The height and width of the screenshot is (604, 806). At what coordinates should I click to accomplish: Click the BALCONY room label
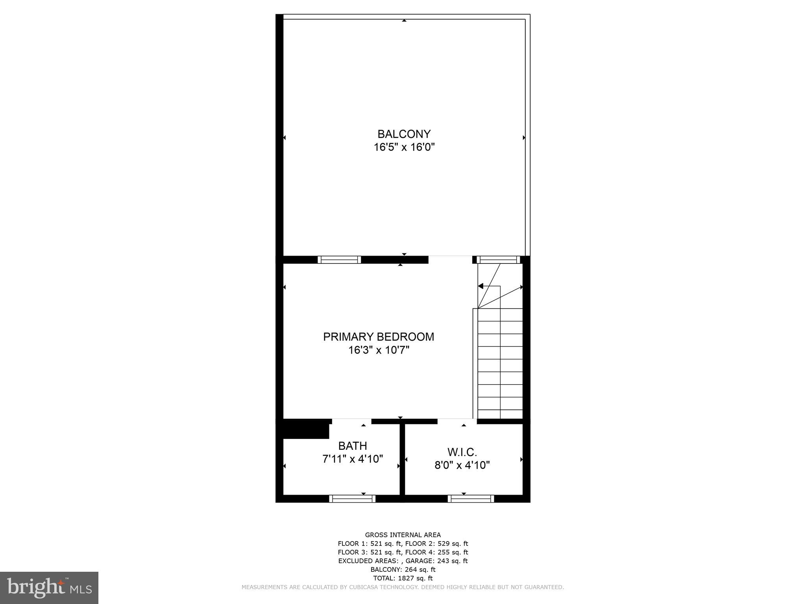(404, 134)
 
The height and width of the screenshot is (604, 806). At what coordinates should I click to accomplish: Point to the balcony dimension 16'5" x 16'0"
(404, 147)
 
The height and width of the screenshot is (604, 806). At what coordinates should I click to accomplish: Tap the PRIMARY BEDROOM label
(378, 337)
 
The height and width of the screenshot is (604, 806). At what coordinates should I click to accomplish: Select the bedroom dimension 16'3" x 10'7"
(379, 350)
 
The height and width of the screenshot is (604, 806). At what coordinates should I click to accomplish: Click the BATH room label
(353, 446)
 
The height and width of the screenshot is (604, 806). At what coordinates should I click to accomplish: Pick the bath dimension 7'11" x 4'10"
(353, 459)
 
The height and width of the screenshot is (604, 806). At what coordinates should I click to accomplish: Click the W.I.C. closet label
(462, 452)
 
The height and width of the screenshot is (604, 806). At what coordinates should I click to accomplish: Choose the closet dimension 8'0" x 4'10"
(462, 465)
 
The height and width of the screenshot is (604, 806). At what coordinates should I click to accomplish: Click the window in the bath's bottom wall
(352, 499)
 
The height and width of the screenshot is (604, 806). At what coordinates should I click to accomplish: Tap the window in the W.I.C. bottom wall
(471, 499)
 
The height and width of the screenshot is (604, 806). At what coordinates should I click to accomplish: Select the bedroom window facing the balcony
(339, 260)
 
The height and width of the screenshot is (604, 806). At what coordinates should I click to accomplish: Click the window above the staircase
(498, 260)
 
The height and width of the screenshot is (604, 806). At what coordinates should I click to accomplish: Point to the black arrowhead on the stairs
(480, 286)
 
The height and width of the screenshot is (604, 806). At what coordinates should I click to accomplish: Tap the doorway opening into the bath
(351, 422)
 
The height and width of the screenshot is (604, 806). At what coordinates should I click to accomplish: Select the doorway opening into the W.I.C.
(457, 422)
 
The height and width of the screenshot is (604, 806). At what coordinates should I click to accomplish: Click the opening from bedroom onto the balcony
(450, 260)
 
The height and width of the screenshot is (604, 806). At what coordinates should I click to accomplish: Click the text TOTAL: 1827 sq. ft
(403, 578)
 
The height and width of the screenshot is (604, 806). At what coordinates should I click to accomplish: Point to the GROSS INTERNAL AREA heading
(403, 535)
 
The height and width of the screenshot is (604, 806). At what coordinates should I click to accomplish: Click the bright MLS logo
(49, 587)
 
